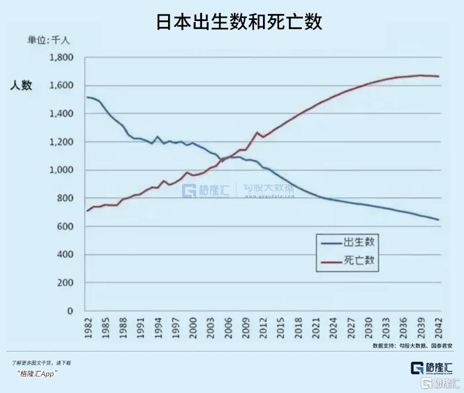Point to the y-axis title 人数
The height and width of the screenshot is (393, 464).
(x=21, y=85)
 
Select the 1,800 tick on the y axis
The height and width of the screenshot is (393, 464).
(x=61, y=58)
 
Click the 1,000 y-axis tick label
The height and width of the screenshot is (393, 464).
(x=61, y=170)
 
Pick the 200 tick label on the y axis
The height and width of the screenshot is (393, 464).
(x=65, y=283)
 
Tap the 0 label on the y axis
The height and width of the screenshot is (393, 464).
(x=70, y=311)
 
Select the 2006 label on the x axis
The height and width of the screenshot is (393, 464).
(x=228, y=328)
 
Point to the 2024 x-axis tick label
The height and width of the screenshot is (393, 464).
(x=334, y=328)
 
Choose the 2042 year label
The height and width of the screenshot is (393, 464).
(x=439, y=328)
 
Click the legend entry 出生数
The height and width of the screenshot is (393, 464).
(x=358, y=243)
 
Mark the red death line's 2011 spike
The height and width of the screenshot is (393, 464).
(x=257, y=133)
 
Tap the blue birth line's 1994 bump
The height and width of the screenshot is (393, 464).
(x=157, y=137)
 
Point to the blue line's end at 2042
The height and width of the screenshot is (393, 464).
(x=438, y=219)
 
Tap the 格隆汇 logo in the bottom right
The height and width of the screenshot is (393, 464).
(x=431, y=368)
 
